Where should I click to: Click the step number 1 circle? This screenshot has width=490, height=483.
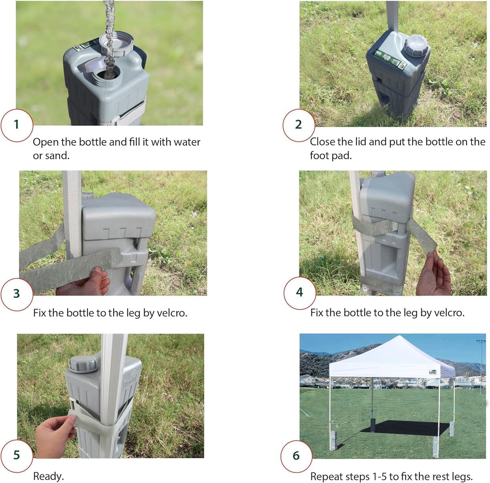(x=17, y=125)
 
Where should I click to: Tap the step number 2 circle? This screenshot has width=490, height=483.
(x=299, y=125)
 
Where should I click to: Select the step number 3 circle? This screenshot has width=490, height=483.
(x=17, y=294)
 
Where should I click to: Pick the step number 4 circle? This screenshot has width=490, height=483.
(x=300, y=293)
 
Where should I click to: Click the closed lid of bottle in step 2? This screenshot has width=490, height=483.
(x=416, y=46)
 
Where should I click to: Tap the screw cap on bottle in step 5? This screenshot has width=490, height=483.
(x=83, y=365)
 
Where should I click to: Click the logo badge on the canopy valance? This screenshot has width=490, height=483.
(x=432, y=372)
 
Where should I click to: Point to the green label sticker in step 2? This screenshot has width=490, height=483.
(x=390, y=60)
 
